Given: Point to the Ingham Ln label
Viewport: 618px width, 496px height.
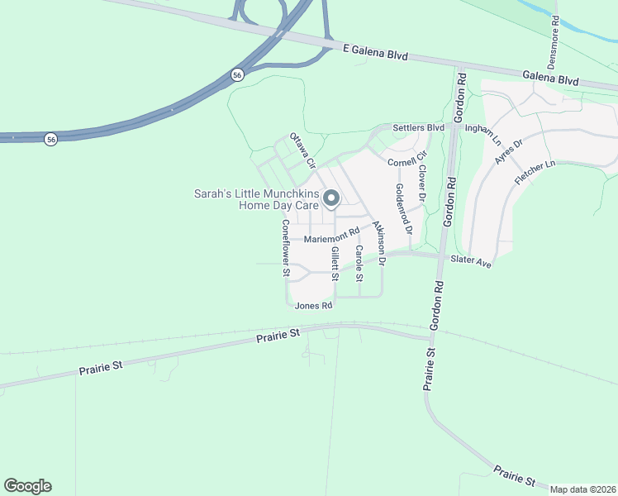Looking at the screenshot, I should [x=483, y=129].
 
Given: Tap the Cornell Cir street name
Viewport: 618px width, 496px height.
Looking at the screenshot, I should [x=407, y=157].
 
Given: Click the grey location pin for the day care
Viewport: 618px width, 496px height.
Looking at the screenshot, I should [x=331, y=199].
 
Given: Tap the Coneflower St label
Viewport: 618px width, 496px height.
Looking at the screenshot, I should [x=285, y=247].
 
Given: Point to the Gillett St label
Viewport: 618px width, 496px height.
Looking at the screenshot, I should [x=335, y=264].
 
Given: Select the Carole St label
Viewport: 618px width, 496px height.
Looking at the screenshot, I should [x=359, y=263].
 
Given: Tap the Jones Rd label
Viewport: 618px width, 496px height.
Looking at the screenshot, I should [x=313, y=305].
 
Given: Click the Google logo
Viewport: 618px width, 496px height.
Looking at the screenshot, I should [x=27, y=486].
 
